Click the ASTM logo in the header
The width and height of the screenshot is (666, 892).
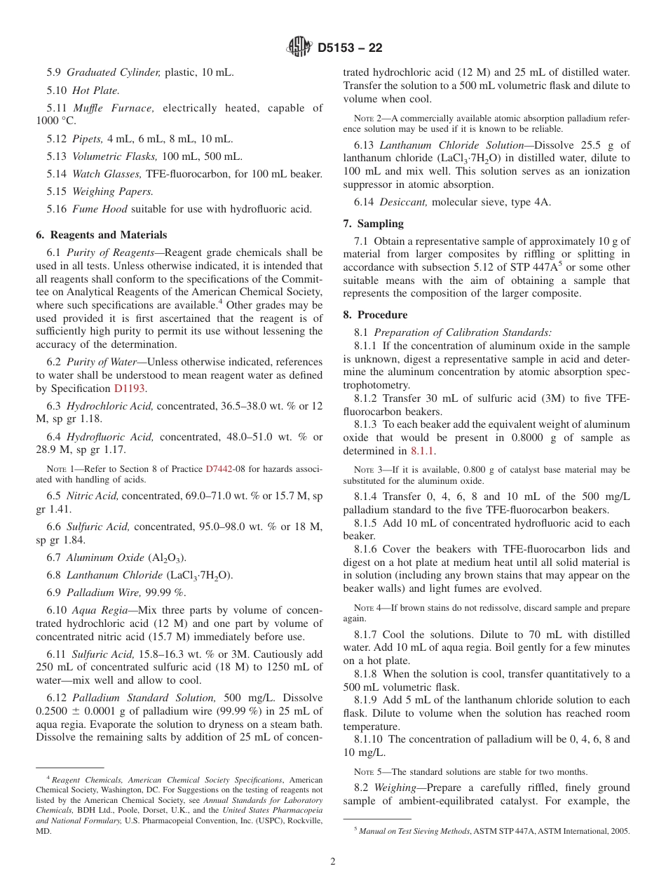pos(300,48)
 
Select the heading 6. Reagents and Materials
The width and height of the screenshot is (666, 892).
pos(101,235)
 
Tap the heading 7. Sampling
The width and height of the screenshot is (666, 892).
pos(373,224)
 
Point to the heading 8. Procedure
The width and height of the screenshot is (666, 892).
pos(375,315)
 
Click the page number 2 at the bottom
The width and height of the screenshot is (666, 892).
pos(333,862)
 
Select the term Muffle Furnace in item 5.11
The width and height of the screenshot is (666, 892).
pos(113,108)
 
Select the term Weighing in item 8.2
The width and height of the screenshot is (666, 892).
pos(395,788)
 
